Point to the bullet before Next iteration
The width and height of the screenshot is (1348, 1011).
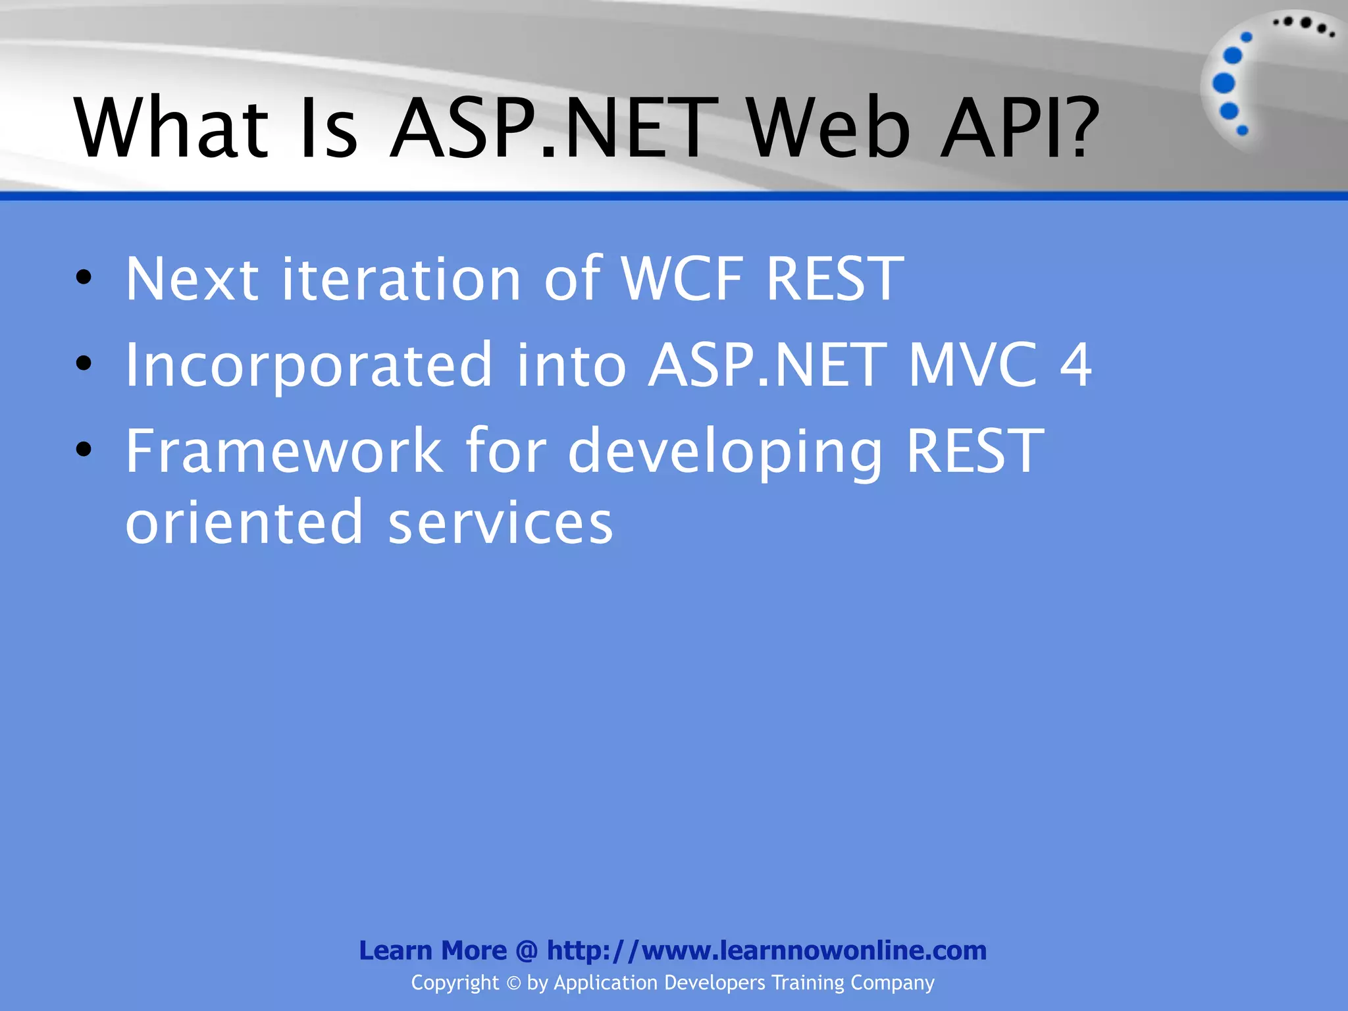tap(84, 278)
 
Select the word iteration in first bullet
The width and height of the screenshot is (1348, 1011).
tap(401, 279)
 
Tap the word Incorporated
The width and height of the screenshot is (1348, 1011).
tap(308, 365)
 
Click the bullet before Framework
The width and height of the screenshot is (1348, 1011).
tap(84, 450)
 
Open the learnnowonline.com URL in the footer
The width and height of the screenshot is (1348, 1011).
tap(766, 950)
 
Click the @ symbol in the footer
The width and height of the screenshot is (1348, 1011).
tap(527, 950)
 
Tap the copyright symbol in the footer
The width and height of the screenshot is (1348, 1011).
tap(513, 983)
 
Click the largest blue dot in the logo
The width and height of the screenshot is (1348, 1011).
tap(1224, 83)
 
